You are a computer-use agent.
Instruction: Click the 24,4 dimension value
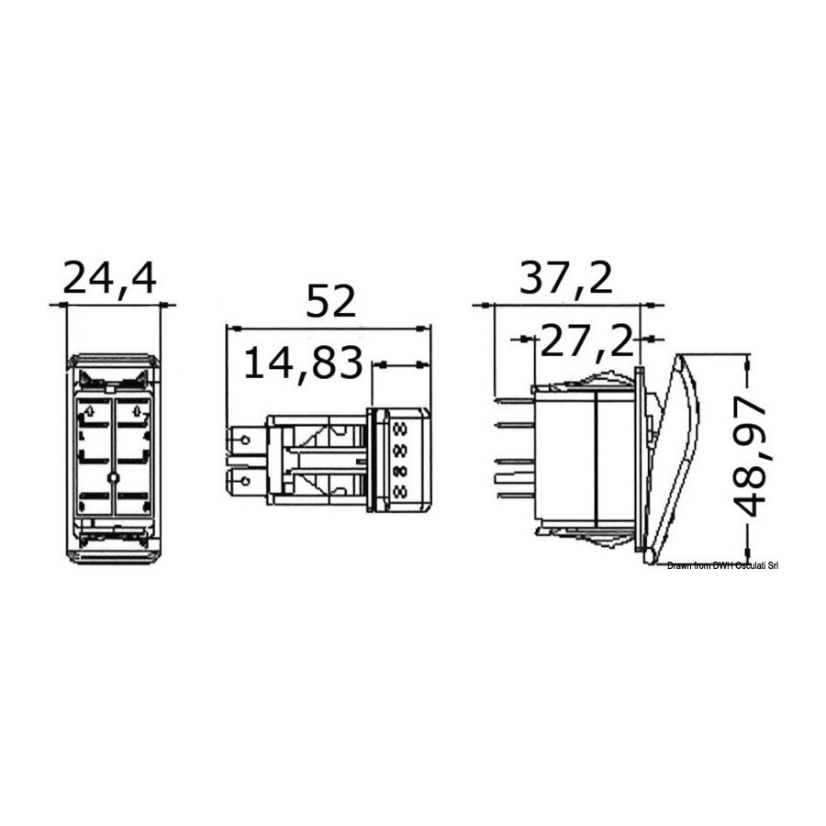point(109,279)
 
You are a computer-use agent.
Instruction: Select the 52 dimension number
point(330,302)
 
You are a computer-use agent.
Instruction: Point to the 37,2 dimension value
point(566,279)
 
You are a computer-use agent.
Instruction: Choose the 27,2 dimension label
point(586,341)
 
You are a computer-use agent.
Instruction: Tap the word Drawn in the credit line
point(678,565)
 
